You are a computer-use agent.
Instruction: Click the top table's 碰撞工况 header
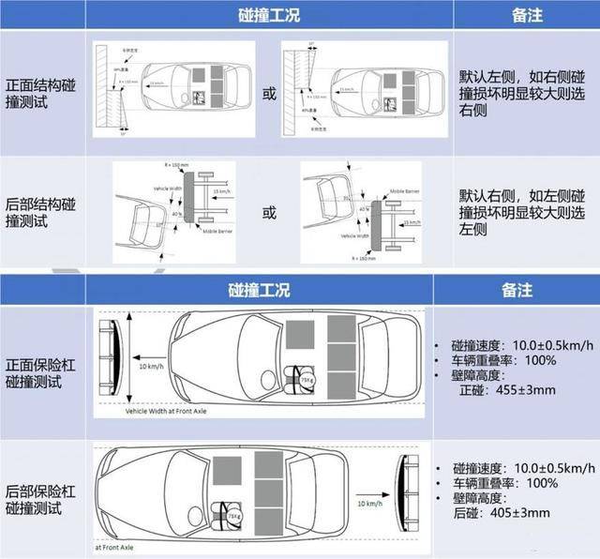click(x=269, y=16)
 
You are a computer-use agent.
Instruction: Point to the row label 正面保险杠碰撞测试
click(x=42, y=362)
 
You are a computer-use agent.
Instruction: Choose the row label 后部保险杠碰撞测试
click(x=42, y=498)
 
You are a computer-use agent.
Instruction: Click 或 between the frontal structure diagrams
click(x=269, y=95)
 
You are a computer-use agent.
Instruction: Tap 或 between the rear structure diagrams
click(x=269, y=213)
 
